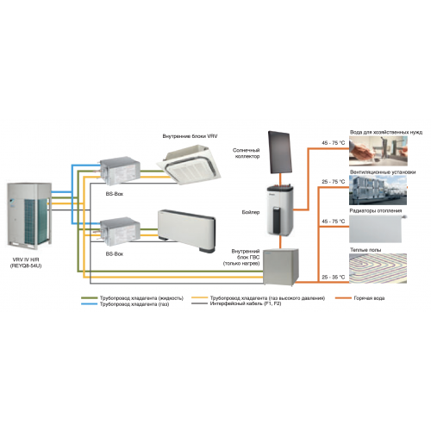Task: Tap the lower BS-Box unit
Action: coord(120,233)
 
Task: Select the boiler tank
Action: coord(284,209)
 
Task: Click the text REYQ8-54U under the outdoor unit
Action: coord(30,267)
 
